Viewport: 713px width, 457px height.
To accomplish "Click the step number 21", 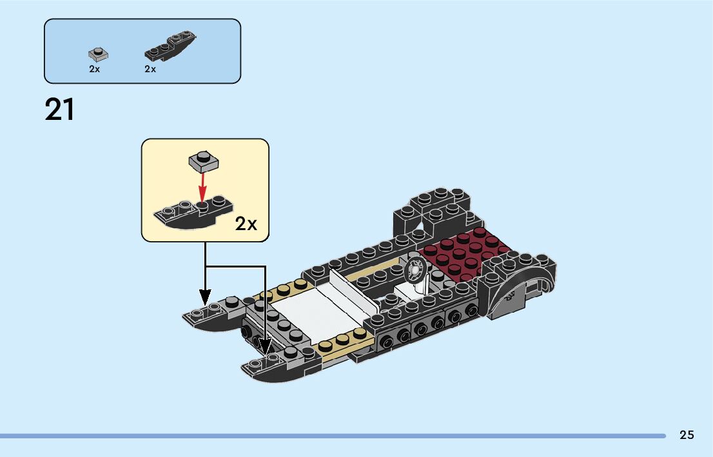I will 59,110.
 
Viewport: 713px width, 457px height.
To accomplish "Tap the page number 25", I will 687,435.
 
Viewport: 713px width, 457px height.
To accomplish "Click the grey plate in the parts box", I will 97,53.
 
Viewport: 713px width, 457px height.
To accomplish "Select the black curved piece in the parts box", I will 170,47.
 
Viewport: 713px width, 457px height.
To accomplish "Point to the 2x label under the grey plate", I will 95,69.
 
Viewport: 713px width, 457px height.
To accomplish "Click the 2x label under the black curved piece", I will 150,69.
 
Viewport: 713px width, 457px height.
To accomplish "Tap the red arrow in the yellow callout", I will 203,187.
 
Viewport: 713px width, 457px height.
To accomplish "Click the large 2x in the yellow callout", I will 246,224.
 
